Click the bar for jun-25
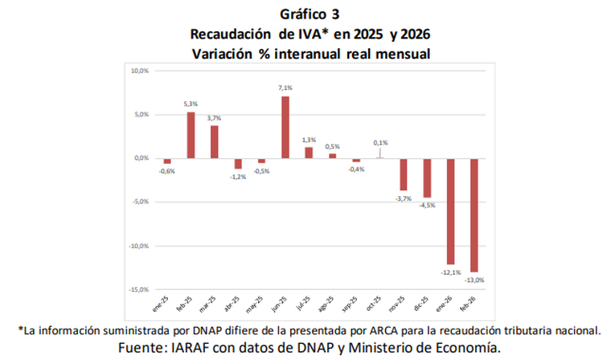(285, 127)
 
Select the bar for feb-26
(474, 215)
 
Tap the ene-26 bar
(450, 211)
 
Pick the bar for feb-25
(191, 135)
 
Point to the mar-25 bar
(215, 142)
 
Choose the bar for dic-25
(427, 178)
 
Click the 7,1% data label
(285, 88)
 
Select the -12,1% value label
(450, 272)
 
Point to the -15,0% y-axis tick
(138, 289)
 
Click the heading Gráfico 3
(305, 14)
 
